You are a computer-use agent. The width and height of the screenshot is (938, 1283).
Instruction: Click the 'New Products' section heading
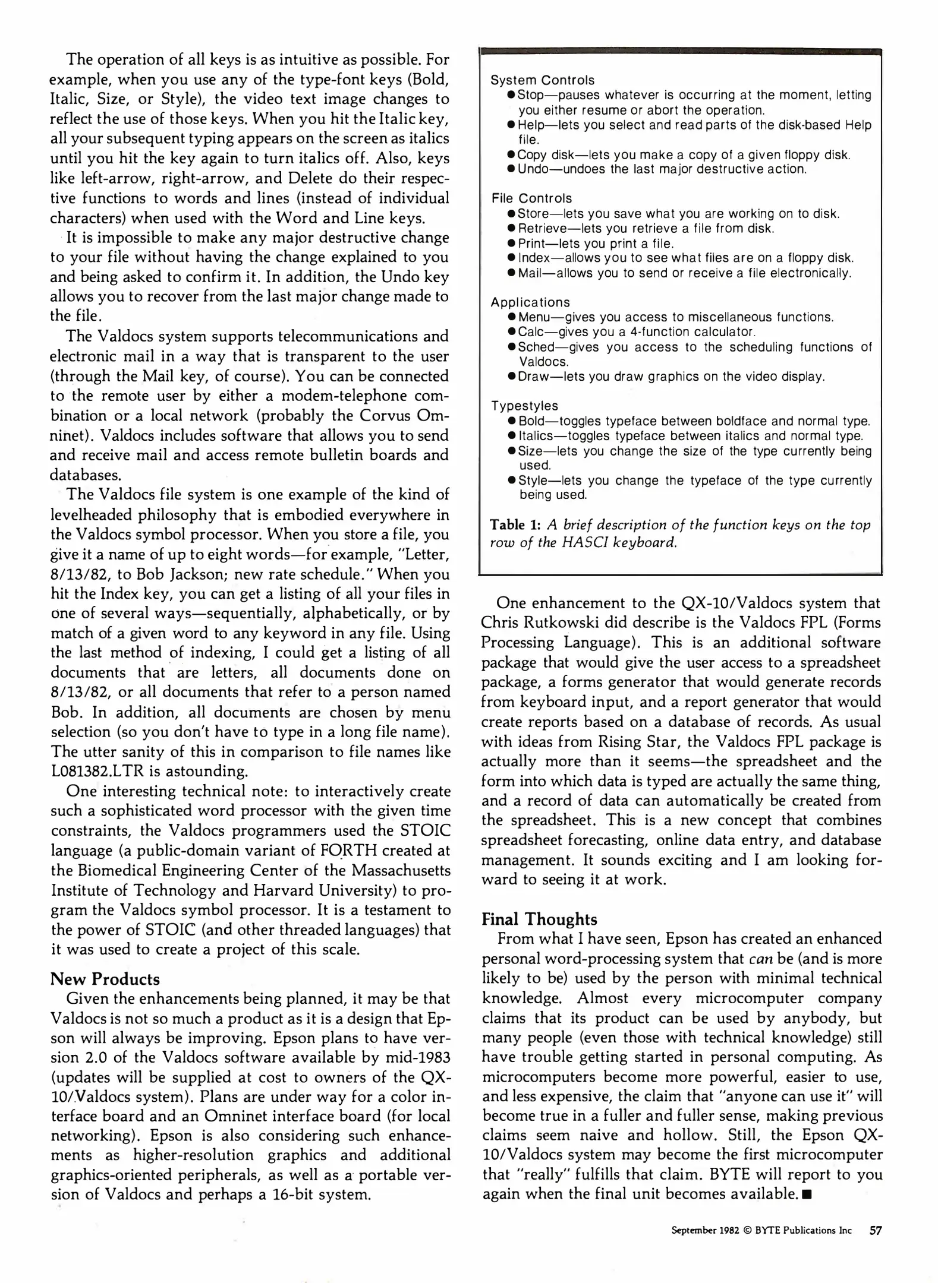pos(105,979)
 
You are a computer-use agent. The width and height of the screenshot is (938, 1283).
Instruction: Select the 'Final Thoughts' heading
pos(539,919)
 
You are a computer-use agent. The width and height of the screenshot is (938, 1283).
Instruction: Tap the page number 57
pos(876,1230)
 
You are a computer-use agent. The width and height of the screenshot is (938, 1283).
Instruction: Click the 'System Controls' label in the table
pos(542,80)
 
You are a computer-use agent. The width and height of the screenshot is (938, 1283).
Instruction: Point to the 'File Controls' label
pos(531,198)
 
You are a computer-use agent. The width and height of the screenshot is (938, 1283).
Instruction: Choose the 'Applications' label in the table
pos(530,302)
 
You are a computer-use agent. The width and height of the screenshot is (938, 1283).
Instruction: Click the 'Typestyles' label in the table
pos(524,406)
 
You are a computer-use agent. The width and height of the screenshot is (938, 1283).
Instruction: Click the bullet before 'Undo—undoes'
pos(511,169)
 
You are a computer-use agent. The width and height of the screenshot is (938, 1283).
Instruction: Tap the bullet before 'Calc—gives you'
pos(511,332)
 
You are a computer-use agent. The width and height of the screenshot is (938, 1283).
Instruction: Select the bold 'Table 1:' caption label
pos(515,525)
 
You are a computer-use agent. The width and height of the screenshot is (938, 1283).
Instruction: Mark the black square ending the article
pos(807,1194)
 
